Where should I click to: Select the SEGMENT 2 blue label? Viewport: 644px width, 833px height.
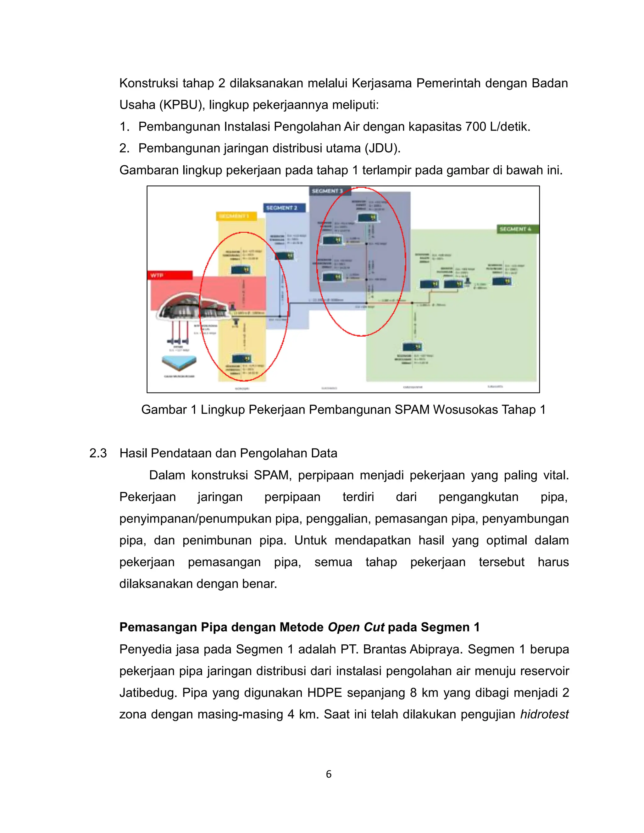[x=285, y=208]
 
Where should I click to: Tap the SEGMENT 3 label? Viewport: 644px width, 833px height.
[x=327, y=191]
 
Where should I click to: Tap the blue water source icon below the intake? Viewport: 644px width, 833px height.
[x=179, y=361]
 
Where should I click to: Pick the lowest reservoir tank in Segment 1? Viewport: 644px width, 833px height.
[x=241, y=359]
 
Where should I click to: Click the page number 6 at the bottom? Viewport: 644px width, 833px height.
[x=329, y=774]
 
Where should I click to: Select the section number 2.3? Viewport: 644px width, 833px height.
[x=98, y=453]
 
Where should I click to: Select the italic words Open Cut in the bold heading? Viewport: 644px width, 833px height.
[x=356, y=627]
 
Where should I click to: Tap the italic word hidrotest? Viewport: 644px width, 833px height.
[x=544, y=714]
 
